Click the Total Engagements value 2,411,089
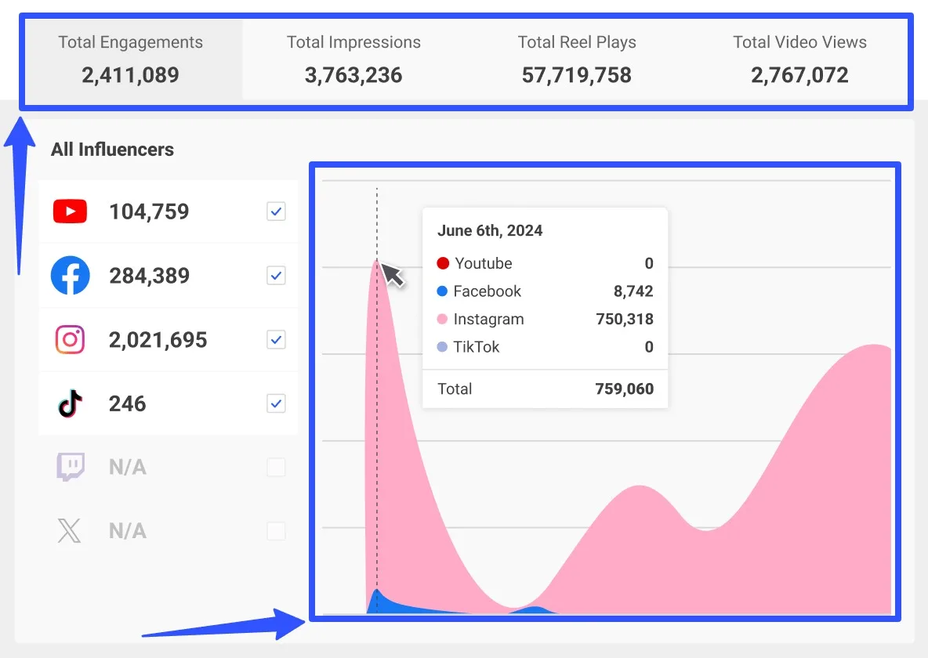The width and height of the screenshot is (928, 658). point(130,75)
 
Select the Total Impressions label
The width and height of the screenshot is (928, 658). point(353,42)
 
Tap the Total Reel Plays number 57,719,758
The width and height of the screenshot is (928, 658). point(576,75)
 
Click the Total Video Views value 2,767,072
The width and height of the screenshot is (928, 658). point(799,75)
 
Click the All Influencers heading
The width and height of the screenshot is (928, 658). point(112,150)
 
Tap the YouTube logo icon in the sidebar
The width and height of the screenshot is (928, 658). point(70,211)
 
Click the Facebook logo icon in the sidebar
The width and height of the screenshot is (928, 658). point(70,276)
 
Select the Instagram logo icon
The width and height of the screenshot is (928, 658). point(70,340)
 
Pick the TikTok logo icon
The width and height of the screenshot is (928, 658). point(70,404)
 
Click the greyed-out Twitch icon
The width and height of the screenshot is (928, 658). point(70,468)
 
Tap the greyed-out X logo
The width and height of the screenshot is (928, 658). point(70,531)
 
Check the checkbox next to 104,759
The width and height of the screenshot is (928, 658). point(276,211)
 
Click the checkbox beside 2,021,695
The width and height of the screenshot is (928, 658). point(276,340)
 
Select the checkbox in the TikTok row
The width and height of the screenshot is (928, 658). point(276,404)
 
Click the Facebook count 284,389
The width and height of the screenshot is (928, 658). point(149,276)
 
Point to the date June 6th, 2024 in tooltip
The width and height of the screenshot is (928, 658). point(490,230)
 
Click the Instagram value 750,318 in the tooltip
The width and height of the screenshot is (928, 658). point(624,319)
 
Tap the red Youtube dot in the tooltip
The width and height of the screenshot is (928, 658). point(443,263)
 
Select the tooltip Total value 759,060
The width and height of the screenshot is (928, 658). point(624,389)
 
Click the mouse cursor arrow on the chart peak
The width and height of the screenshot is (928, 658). point(393,276)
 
